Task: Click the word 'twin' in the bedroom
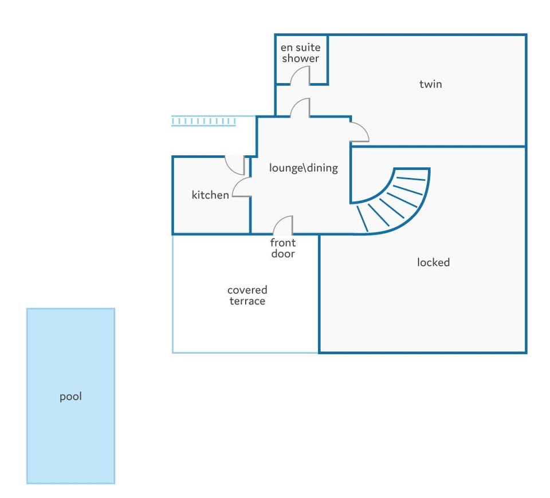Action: [430, 84]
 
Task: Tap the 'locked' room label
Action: [433, 262]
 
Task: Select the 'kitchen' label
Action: [210, 195]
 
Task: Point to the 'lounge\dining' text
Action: [304, 168]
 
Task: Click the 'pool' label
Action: [70, 397]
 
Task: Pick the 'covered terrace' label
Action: [247, 295]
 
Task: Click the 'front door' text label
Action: [282, 248]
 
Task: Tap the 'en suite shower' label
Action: [301, 53]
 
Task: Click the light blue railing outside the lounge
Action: [203, 121]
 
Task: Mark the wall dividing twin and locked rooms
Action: [438, 146]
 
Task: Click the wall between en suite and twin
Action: [327, 59]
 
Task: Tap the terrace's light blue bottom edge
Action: [245, 353]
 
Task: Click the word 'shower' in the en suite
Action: [301, 58]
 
